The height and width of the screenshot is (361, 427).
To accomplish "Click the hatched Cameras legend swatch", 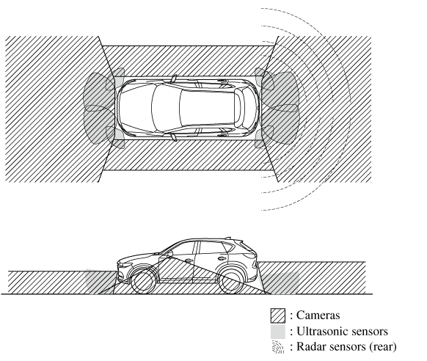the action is click(x=278, y=316).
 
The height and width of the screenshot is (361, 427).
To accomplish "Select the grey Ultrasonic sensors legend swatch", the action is click(x=278, y=332).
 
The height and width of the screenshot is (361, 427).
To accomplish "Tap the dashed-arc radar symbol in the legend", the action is click(x=278, y=347).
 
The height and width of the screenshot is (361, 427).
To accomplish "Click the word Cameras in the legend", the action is click(x=318, y=316).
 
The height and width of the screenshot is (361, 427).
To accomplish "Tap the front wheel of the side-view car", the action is click(x=144, y=282).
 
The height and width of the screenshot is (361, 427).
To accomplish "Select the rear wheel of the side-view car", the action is click(x=232, y=282).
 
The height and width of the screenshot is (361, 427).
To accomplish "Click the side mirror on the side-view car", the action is click(x=169, y=255).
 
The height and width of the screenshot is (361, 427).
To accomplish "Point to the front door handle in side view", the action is click(x=189, y=260).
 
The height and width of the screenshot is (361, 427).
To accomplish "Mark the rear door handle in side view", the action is click(x=222, y=258).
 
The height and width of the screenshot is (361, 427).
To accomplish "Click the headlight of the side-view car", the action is click(x=123, y=264).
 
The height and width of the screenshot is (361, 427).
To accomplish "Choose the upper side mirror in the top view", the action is click(x=174, y=79).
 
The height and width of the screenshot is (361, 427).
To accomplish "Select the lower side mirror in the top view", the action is click(x=174, y=137).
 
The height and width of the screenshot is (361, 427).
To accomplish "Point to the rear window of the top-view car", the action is click(x=240, y=108).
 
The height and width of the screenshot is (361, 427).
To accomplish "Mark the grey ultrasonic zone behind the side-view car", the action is click(x=280, y=282).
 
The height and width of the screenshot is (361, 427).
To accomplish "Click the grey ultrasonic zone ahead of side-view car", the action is click(x=101, y=282).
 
